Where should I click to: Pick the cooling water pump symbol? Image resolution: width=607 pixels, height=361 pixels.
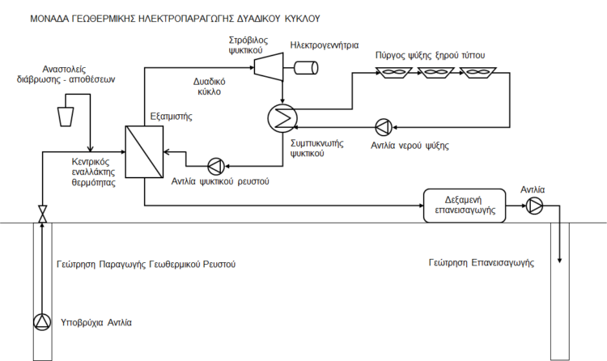(x=384, y=126)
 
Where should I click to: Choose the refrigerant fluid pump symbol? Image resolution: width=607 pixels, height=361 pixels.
(x=216, y=165)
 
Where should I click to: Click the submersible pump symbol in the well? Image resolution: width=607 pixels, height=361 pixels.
(x=41, y=322)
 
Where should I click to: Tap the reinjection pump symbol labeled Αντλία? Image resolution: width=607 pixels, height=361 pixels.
(x=533, y=206)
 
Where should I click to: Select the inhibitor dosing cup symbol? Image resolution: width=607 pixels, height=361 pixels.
(x=68, y=116)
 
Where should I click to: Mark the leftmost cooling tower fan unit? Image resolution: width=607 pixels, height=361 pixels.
(x=397, y=74)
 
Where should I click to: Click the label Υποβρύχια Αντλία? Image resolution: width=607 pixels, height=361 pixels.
(x=96, y=323)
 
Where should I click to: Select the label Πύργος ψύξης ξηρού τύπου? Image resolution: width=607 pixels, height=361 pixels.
(x=429, y=55)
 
